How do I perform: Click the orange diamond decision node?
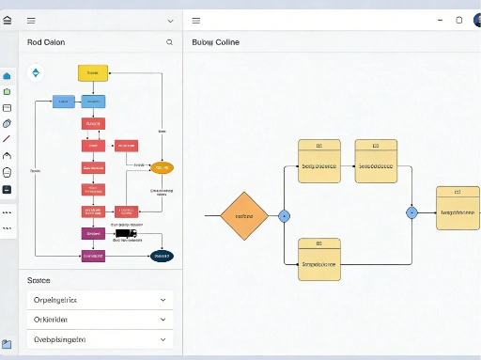point(243,215)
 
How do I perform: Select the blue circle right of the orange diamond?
point(285,216)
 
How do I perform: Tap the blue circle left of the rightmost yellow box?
point(411,212)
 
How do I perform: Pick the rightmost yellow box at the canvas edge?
point(458,208)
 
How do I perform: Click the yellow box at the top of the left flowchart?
point(93,72)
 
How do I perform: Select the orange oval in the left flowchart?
point(162,167)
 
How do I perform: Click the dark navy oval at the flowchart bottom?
point(162,255)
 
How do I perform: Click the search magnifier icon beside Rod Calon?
point(169,42)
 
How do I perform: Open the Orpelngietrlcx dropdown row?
point(100,300)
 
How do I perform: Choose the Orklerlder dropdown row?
point(100,320)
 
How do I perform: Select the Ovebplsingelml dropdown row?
point(100,339)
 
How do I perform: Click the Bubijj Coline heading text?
point(215,42)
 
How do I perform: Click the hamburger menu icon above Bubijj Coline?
point(195,20)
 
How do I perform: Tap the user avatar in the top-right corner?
point(476,20)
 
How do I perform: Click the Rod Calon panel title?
point(46,42)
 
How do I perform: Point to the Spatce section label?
point(39,280)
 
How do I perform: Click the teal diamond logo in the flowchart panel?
point(37,72)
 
